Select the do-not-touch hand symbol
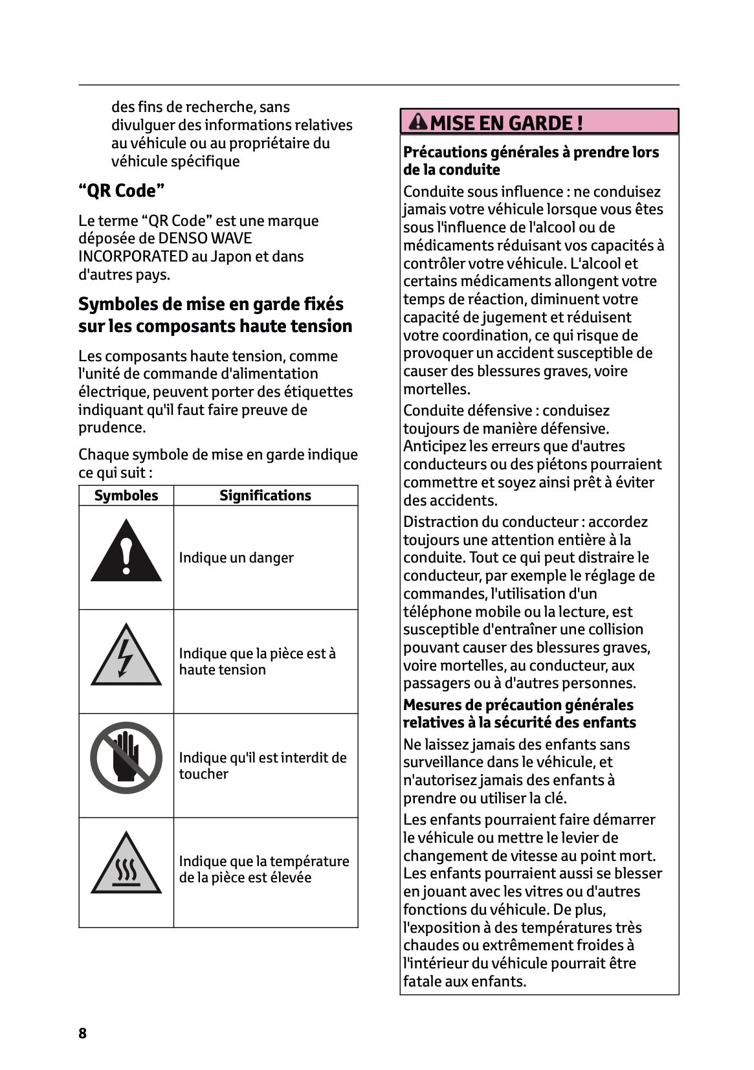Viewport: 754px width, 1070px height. pos(126,757)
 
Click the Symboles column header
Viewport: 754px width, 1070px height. pos(126,495)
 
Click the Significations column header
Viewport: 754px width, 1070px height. pos(265,495)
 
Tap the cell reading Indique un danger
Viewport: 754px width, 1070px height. pos(236,558)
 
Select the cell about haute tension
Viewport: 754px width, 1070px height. pos(257,662)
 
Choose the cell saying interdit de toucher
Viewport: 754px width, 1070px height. pos(262,765)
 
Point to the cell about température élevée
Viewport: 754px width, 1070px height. pos(263,869)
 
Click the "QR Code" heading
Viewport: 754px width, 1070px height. pos(122,191)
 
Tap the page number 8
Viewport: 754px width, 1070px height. pos(82,1033)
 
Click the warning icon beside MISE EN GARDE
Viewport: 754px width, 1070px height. pos(419,122)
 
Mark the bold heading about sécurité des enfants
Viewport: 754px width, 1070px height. pos(519,714)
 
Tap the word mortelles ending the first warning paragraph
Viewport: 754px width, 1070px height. pos(436,389)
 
